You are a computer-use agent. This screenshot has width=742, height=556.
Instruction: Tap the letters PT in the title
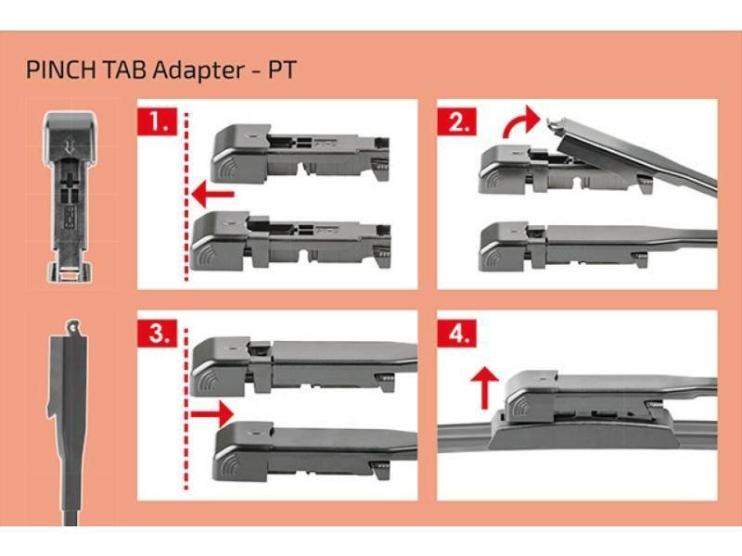[277, 69]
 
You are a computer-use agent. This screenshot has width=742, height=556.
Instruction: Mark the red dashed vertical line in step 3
[187, 408]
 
